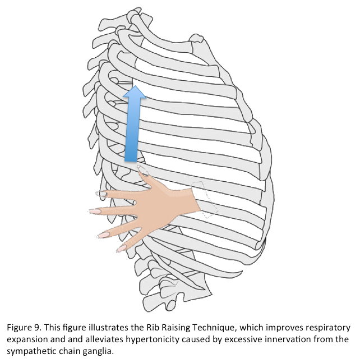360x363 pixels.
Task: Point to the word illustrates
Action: [104, 327]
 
